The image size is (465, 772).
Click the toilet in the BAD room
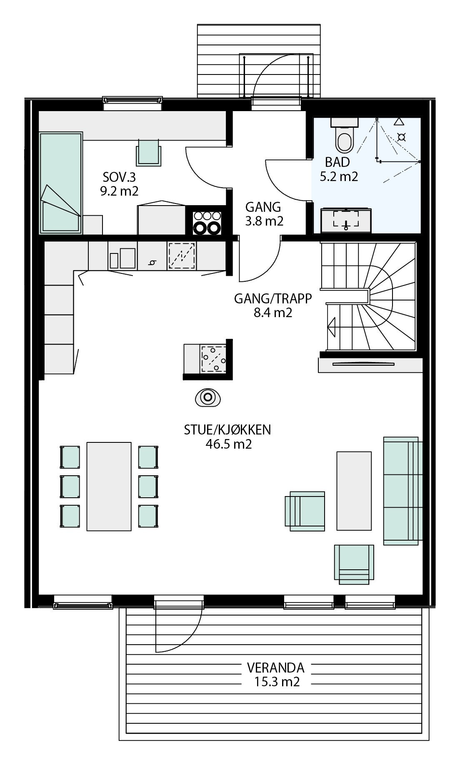click(x=344, y=138)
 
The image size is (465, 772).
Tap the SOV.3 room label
click(x=119, y=178)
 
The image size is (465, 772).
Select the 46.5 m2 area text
click(x=228, y=444)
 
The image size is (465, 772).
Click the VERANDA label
click(x=275, y=668)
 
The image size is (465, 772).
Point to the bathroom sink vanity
click(x=345, y=220)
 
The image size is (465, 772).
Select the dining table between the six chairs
click(x=109, y=486)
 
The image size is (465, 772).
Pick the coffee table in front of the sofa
click(x=354, y=491)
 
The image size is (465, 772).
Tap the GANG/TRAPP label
click(x=272, y=299)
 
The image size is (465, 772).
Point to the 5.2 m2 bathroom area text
click(x=339, y=176)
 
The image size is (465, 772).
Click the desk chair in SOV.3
click(x=149, y=153)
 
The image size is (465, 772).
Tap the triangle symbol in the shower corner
click(x=399, y=122)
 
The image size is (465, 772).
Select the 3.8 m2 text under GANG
click(x=264, y=221)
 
